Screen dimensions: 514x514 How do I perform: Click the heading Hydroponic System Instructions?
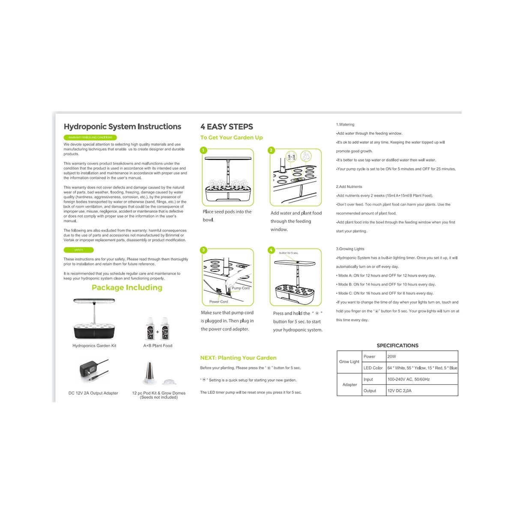(x=123, y=127)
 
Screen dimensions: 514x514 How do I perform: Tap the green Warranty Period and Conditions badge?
(x=90, y=137)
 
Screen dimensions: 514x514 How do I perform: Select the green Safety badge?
(x=79, y=250)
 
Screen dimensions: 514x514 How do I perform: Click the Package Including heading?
(x=127, y=287)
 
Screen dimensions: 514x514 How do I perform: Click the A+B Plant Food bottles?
(x=158, y=329)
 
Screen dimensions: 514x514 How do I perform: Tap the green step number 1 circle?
(x=204, y=150)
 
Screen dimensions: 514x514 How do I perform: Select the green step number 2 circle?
(x=271, y=150)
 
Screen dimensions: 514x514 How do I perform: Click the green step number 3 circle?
(x=204, y=250)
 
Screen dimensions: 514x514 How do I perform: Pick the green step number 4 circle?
(x=271, y=250)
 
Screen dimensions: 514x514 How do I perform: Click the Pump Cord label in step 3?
(x=240, y=288)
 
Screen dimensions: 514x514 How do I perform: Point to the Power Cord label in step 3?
(x=218, y=302)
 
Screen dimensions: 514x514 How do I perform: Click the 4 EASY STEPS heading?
(x=227, y=127)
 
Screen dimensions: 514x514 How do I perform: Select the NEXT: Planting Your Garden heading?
(x=238, y=358)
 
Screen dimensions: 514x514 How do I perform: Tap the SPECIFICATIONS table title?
(x=397, y=346)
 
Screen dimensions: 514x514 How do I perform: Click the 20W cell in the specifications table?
(x=392, y=356)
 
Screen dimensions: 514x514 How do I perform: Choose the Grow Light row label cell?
(x=349, y=362)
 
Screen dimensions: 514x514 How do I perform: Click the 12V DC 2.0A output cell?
(x=399, y=391)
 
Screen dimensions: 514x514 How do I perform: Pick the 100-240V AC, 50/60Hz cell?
(x=408, y=379)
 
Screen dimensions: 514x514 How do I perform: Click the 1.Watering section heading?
(x=345, y=125)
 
